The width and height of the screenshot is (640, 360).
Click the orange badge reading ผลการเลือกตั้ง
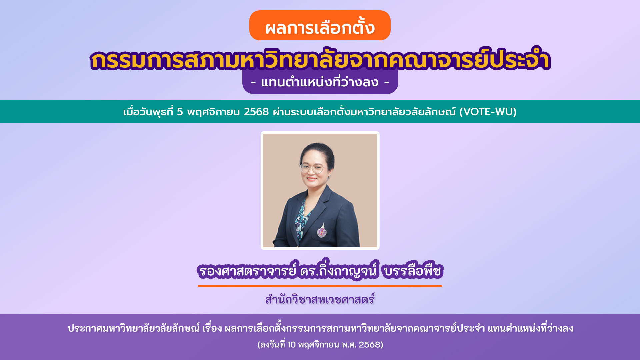[320, 26]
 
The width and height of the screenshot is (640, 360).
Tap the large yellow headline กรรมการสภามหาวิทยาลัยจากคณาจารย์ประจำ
[320, 60]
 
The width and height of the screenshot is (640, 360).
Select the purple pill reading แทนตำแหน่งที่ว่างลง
[320, 82]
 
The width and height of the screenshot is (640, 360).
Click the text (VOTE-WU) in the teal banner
[488, 112]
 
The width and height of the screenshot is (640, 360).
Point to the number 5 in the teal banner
[180, 112]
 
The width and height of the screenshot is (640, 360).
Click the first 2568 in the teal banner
[256, 112]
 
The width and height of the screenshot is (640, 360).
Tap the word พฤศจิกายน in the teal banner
[213, 112]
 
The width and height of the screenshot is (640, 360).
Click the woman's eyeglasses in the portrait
[312, 168]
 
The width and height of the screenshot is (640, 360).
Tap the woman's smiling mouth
[312, 179]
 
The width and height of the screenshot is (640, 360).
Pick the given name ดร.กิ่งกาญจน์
[338, 271]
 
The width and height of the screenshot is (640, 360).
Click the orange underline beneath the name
[320, 286]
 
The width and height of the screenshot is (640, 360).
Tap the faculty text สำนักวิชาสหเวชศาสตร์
[320, 300]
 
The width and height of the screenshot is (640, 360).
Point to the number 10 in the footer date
[291, 345]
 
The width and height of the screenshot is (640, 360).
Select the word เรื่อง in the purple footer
[212, 328]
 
